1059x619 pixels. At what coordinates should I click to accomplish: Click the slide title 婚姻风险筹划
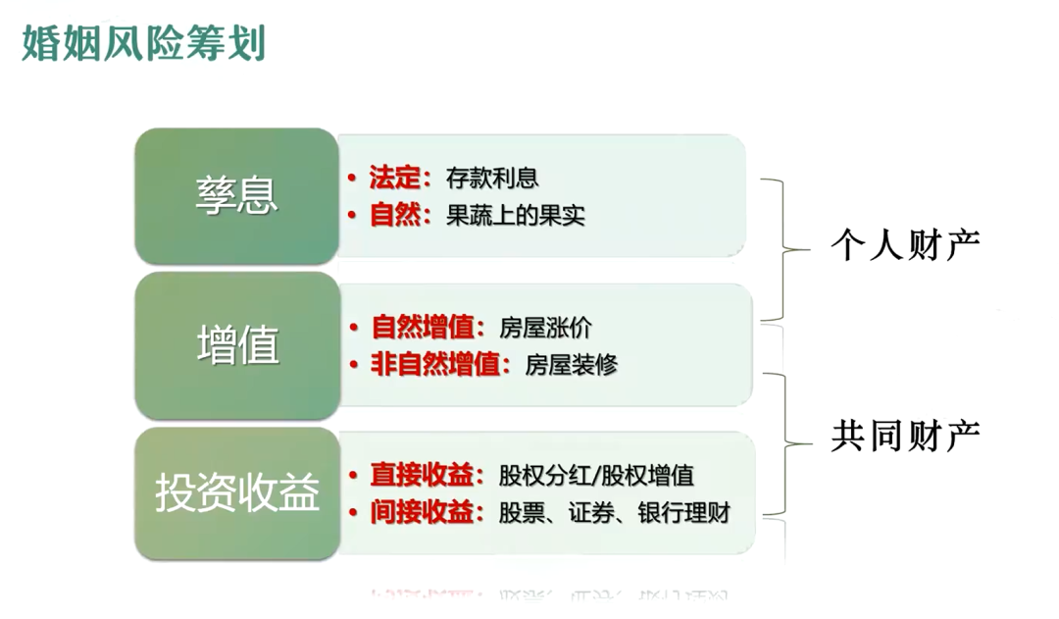(143, 43)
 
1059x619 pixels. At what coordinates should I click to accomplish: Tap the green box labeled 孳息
(236, 196)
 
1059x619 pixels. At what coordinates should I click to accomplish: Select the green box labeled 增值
(237, 345)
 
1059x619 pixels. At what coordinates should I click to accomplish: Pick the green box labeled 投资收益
(237, 492)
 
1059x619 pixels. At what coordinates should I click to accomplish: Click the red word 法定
(395, 178)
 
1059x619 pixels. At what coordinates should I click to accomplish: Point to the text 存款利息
(492, 178)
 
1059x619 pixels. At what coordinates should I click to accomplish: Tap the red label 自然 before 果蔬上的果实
(395, 216)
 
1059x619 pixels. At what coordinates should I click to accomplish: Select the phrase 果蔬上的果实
(516, 216)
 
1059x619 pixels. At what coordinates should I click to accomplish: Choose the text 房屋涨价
(546, 328)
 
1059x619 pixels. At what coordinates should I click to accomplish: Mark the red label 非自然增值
(435, 365)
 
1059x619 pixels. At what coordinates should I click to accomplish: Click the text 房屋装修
(572, 365)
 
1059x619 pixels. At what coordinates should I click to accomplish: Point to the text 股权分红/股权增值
(596, 476)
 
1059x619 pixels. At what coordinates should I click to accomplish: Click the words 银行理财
(684, 513)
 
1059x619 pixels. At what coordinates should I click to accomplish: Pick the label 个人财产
(905, 245)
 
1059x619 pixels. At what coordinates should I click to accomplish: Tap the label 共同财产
(905, 437)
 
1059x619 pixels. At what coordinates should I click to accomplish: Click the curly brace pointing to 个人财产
(783, 249)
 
